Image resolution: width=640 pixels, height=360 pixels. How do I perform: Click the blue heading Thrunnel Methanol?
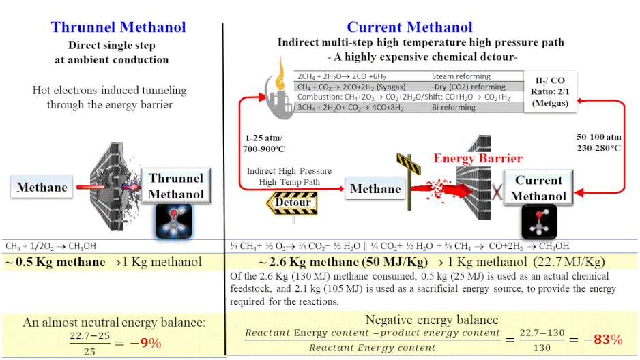pos(118,27)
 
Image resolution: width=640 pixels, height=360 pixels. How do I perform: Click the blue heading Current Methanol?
pos(409,27)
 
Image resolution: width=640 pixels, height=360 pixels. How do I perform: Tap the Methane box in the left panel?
pos(42,187)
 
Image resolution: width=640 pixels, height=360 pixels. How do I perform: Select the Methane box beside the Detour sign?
pos(375,189)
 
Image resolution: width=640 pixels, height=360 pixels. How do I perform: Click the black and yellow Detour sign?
pos(292,202)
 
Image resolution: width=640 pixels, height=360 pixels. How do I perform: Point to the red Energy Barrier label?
pos(478,158)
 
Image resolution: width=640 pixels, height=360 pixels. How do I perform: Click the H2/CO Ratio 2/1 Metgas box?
pos(550,92)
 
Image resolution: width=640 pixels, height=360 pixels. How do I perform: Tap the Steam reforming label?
pos(461,76)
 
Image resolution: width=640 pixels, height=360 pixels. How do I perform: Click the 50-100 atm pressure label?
pos(599,137)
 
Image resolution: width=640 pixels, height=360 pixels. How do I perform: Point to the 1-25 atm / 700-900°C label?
pos(263,143)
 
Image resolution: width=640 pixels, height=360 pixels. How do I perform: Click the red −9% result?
pos(145,343)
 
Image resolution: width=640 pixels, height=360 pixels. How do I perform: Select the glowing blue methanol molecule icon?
pos(173,222)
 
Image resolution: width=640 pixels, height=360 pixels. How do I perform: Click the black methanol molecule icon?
pos(539,222)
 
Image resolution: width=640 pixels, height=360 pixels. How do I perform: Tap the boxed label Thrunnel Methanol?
pos(176,186)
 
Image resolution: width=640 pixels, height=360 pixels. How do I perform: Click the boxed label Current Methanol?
pos(538,188)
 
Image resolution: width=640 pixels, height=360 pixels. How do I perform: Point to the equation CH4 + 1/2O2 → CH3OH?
pos(50,246)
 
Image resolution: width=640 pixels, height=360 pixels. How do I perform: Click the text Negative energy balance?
pos(431,320)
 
